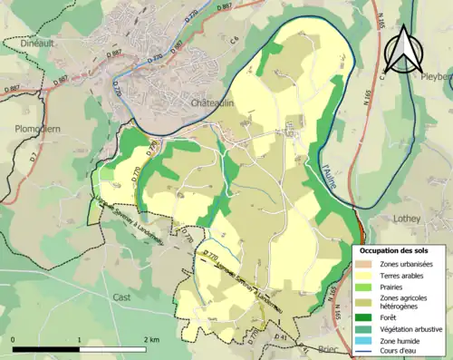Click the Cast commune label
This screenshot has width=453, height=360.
(121, 297)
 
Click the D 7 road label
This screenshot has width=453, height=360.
(34, 164)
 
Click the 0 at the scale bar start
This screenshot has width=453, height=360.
(14, 340)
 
